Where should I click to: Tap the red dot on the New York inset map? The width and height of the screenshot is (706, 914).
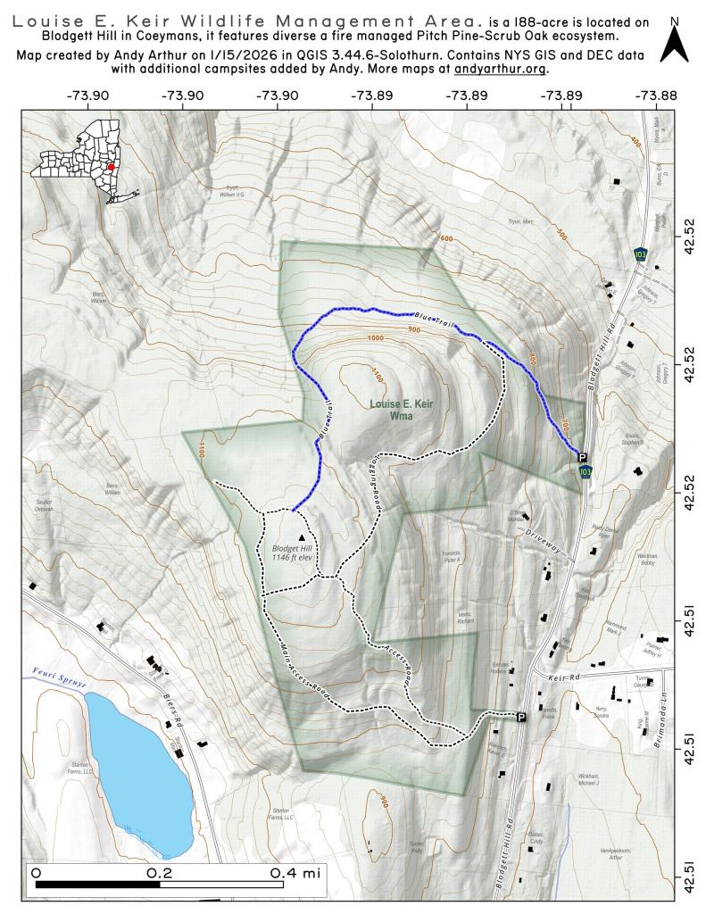pyautogui.click(x=111, y=167)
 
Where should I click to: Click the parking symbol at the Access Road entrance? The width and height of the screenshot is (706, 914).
pyautogui.click(x=521, y=717)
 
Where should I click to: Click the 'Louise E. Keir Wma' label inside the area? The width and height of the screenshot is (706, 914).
pyautogui.click(x=402, y=410)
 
